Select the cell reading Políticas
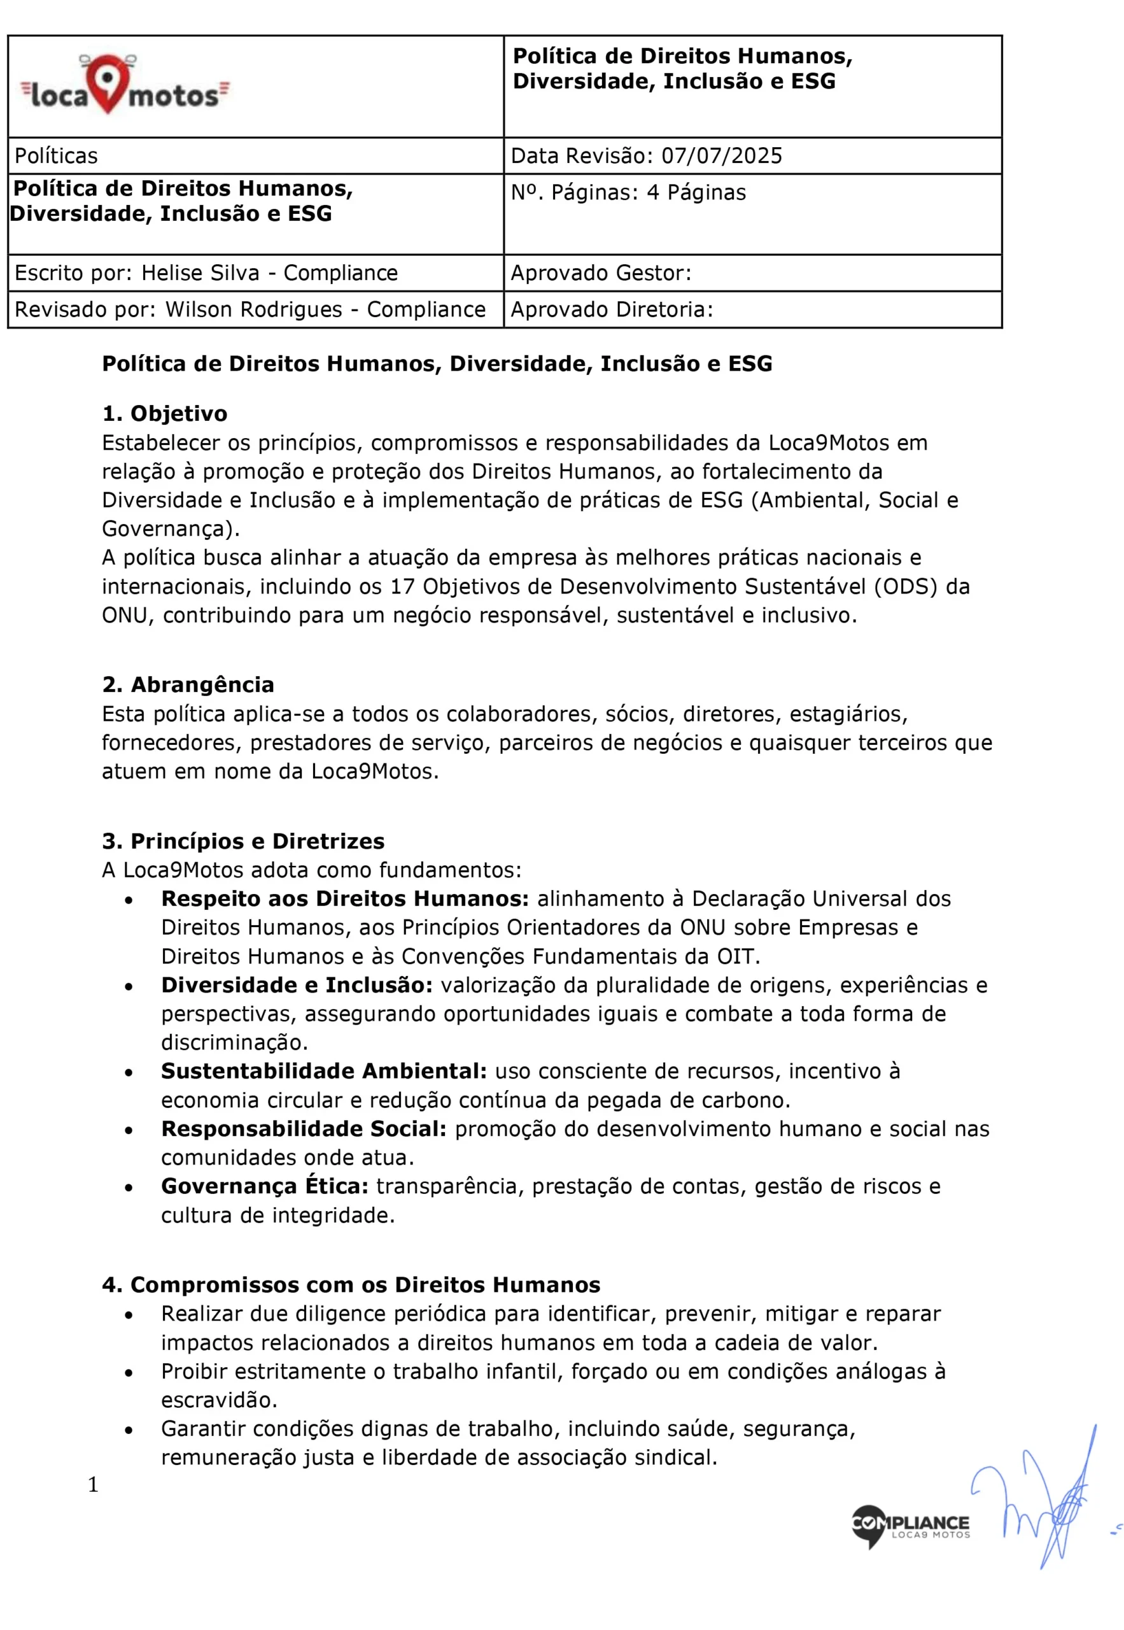point(57,155)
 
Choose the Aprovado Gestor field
point(601,273)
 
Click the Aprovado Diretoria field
point(611,309)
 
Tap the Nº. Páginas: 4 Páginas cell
point(628,192)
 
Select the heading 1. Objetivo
point(165,413)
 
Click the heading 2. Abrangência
point(188,684)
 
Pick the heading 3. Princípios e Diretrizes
point(244,840)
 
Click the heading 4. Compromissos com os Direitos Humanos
point(351,1284)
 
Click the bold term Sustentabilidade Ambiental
point(324,1071)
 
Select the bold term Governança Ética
point(265,1186)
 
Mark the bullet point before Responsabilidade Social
point(129,1130)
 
